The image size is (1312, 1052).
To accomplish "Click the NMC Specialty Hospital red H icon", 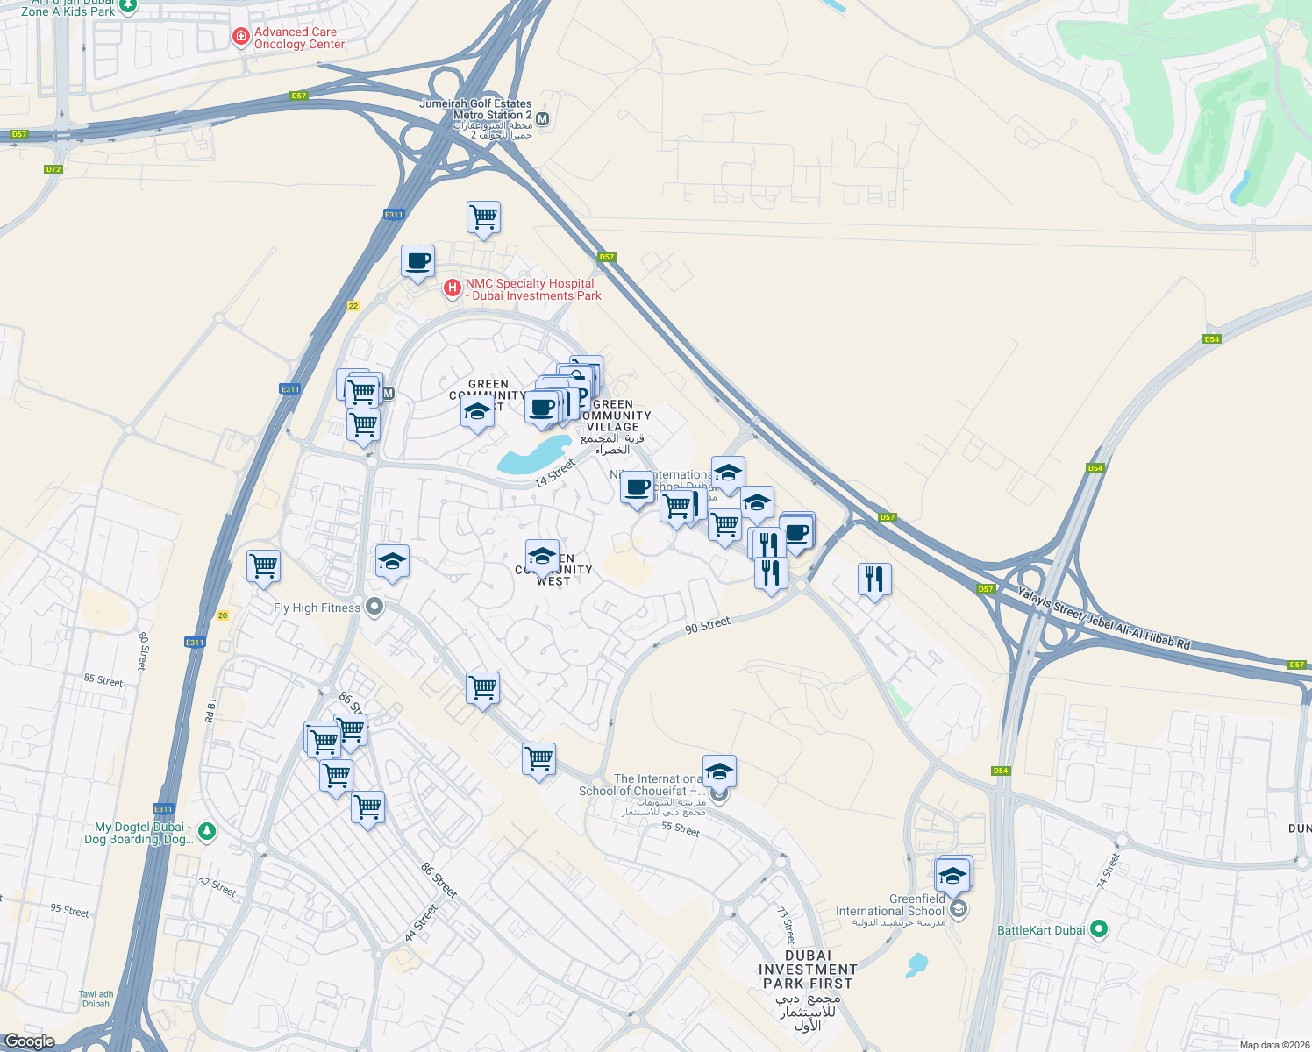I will [x=452, y=288].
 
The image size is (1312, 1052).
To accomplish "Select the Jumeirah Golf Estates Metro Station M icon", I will [x=543, y=119].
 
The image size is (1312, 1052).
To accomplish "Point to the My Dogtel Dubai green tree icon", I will [x=206, y=830].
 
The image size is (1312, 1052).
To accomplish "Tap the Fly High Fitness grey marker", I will [x=374, y=607].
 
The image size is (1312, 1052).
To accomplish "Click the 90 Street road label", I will [x=707, y=625].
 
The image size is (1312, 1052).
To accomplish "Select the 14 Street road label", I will [x=555, y=473].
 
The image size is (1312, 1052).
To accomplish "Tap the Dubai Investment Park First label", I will [x=808, y=970].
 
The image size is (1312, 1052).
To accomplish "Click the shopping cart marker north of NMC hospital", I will [x=483, y=217].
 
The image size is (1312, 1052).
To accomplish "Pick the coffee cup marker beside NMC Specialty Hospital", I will [x=418, y=260].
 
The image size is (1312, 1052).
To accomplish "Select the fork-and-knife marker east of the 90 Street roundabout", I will [x=873, y=579].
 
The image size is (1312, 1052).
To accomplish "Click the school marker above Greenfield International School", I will [x=952, y=874].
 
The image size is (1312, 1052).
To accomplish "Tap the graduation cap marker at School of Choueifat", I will [x=719, y=771].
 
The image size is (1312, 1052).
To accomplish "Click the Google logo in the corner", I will [x=29, y=1041].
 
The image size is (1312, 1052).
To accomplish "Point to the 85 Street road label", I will [x=103, y=680].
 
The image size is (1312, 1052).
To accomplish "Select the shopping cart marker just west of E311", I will [x=263, y=566].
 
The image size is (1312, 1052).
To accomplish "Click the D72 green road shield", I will [x=53, y=169].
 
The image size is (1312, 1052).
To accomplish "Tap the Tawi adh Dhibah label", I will [x=96, y=999].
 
